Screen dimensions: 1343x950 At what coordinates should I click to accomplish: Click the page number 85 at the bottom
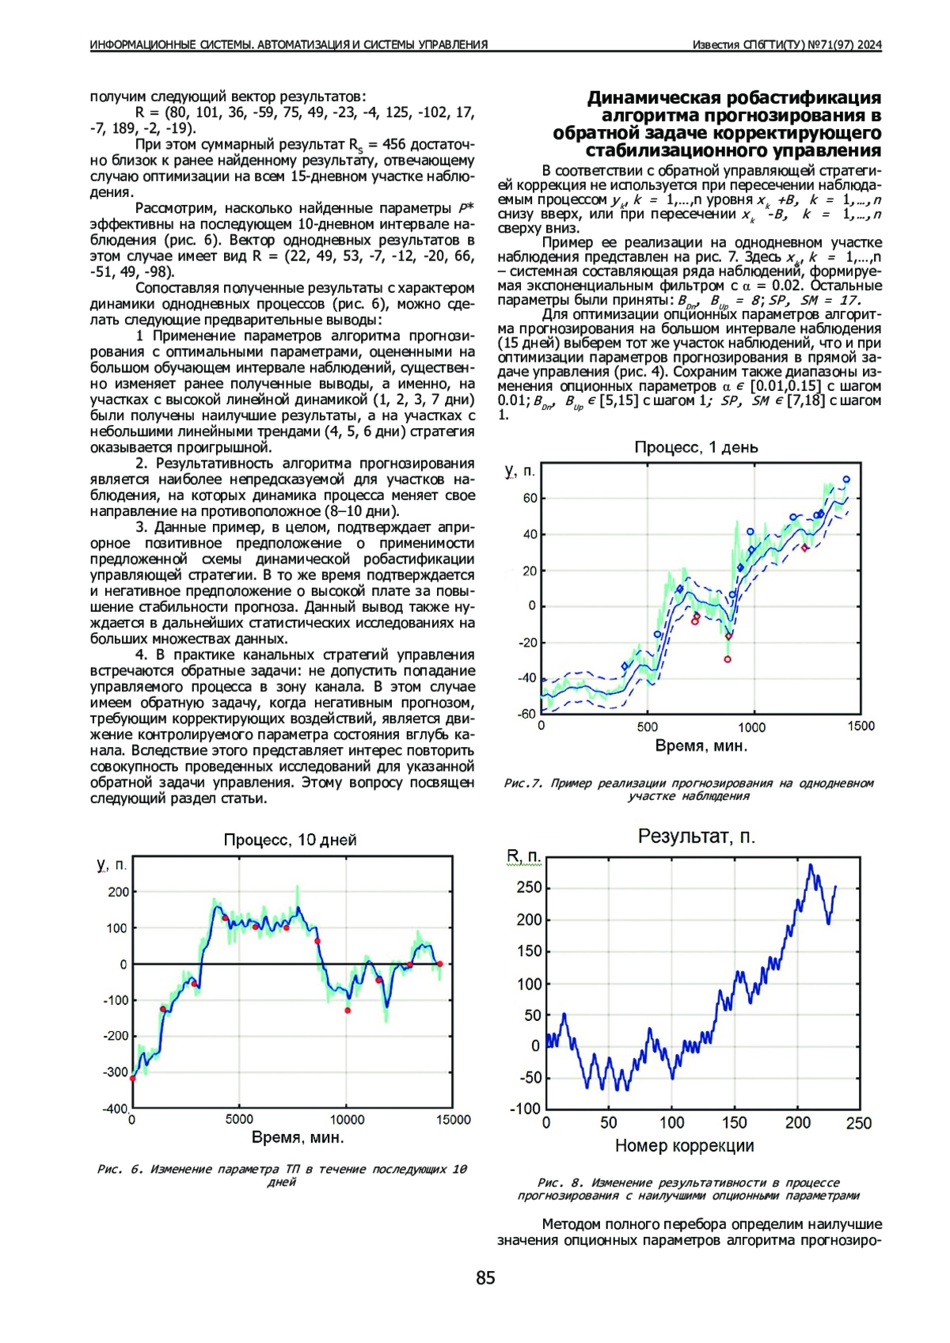point(485,1277)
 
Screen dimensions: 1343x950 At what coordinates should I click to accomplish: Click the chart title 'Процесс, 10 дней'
point(290,840)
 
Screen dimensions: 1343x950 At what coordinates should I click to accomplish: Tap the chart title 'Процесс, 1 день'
point(696,447)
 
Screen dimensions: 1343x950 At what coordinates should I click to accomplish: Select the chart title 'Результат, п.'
point(696,837)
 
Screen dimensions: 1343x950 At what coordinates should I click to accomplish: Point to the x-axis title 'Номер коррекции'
point(684,1145)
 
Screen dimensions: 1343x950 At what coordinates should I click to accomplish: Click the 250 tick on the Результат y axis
point(528,887)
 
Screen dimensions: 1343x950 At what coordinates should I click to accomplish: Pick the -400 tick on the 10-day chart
point(116,1108)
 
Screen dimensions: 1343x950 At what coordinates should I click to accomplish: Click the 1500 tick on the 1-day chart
point(861,726)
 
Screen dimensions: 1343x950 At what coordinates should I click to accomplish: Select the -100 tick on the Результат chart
point(525,1108)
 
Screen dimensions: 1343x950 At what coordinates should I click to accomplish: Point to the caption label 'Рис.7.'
point(523,783)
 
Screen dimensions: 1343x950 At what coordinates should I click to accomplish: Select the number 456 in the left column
point(394,145)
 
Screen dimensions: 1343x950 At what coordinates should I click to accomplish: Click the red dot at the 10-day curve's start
point(133,1078)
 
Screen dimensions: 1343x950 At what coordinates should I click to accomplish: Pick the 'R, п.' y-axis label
point(523,857)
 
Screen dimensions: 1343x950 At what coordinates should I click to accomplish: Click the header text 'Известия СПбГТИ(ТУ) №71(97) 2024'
point(786,45)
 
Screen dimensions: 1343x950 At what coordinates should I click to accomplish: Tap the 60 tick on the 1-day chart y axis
point(530,499)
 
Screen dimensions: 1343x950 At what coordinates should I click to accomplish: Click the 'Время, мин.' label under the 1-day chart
point(701,745)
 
